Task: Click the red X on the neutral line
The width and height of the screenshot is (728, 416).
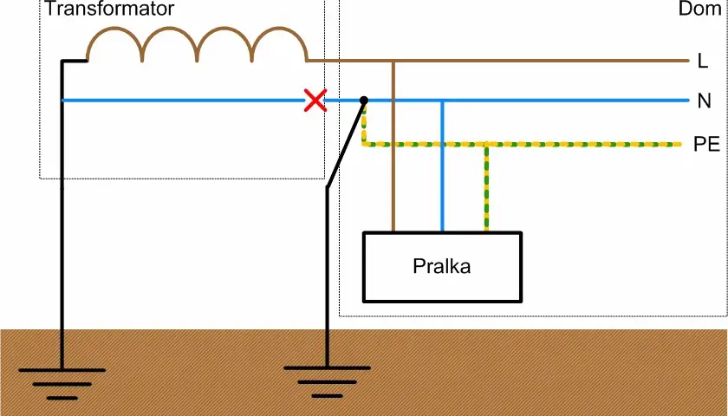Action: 315,101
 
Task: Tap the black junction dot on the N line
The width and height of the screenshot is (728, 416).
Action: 364,101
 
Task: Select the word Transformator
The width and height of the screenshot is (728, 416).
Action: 109,9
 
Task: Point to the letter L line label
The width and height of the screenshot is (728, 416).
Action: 703,61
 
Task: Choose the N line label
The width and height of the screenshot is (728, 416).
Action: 705,101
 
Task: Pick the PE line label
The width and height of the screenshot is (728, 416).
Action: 706,145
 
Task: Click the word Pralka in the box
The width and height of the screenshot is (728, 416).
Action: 441,267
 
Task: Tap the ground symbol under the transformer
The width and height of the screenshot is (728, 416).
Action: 62,384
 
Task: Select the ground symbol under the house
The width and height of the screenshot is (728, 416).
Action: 327,382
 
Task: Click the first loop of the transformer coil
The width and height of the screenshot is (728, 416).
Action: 114,44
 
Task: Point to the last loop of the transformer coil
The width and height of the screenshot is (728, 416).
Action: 279,44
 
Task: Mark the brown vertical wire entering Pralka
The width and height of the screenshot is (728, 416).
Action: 393,146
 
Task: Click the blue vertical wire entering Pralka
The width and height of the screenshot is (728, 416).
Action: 442,166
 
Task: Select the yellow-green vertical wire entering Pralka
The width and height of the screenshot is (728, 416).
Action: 486,187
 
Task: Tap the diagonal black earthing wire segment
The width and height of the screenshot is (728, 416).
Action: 346,144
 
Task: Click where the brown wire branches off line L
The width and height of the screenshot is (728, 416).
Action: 393,61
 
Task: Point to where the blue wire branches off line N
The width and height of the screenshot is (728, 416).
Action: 442,101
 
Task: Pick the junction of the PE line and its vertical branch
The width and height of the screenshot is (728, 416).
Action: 486,145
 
